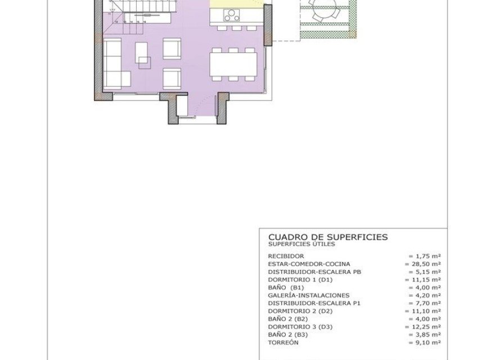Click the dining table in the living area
click(232, 65)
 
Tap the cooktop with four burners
click(231, 15)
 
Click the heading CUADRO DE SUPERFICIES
click(328, 237)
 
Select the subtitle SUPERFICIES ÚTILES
click(301, 245)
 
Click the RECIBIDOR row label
click(286, 256)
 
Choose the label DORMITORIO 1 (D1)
click(300, 280)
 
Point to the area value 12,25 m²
click(424, 327)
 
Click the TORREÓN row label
click(283, 343)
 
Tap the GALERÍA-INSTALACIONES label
click(309, 295)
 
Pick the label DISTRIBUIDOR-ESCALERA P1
click(314, 303)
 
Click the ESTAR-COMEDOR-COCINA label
click(309, 264)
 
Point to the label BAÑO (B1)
click(286, 287)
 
